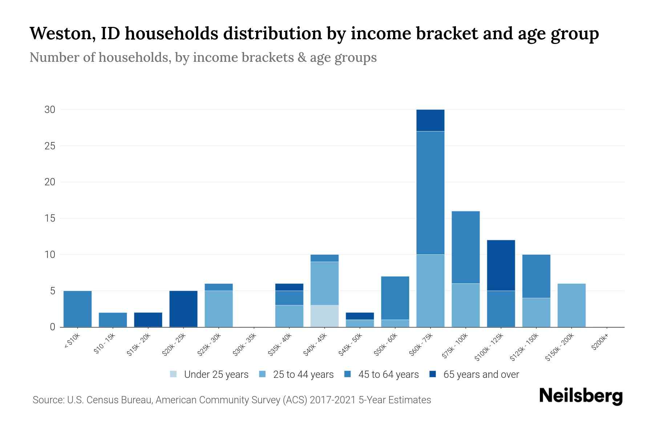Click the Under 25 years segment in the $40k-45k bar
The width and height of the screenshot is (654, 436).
(324, 316)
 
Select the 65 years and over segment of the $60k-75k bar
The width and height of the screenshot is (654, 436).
(430, 120)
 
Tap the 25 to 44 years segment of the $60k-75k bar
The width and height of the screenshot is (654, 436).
(430, 290)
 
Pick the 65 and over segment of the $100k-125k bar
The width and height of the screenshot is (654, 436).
(501, 265)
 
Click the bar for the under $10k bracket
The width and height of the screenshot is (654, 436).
(77, 309)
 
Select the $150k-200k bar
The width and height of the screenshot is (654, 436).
(571, 305)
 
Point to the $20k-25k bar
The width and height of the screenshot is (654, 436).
(183, 309)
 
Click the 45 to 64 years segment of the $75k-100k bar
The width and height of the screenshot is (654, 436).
(465, 247)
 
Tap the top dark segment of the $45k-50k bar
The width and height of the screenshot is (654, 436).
(360, 316)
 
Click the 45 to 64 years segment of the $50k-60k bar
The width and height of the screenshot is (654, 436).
(395, 298)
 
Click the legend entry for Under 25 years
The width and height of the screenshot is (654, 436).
(216, 375)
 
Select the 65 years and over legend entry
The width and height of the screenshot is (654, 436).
(481, 375)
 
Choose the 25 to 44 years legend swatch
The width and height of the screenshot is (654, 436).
(262, 374)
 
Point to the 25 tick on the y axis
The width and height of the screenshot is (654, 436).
(50, 146)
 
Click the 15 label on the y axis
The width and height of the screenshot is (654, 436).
(50, 218)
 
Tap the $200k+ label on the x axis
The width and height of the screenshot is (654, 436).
(599, 343)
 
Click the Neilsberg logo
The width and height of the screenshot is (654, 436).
(581, 396)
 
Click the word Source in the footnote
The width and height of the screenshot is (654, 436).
(47, 400)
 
